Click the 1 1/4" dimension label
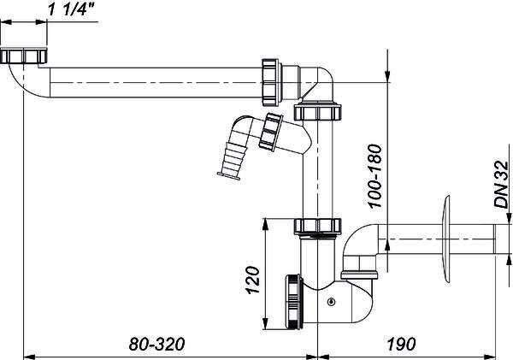click(71, 9)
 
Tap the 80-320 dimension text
click(157, 344)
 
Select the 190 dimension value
click(401, 344)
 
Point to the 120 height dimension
click(253, 280)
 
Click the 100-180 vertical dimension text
click(375, 176)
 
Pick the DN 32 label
click(502, 184)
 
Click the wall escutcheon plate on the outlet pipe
click(445, 239)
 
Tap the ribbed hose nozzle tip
click(229, 176)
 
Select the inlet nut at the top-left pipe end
click(24, 56)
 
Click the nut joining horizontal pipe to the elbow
click(270, 82)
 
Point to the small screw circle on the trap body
click(332, 301)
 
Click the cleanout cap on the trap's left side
click(294, 301)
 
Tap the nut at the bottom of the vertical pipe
click(318, 226)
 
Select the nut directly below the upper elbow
click(317, 112)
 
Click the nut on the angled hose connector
click(270, 132)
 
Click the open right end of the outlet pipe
click(494, 239)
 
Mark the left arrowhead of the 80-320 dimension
click(29, 357)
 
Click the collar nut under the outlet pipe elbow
click(360, 274)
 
